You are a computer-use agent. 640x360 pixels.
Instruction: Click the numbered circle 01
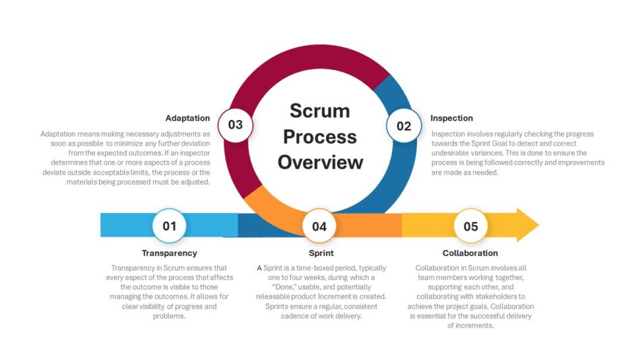169,226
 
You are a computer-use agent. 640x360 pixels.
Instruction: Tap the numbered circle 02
404,126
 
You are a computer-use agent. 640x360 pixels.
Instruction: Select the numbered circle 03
236,125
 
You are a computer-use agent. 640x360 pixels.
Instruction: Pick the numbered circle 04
319,226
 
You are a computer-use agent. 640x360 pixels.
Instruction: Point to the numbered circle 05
471,226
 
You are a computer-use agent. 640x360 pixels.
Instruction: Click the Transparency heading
169,253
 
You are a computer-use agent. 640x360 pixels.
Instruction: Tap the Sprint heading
321,253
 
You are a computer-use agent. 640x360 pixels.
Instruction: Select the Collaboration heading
470,253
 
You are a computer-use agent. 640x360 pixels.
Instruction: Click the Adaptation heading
188,118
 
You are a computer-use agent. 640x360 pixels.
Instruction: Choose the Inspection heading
451,118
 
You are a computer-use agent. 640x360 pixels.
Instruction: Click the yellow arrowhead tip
539,224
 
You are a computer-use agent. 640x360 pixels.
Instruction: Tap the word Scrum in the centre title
319,111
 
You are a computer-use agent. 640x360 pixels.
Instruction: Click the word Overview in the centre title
321,162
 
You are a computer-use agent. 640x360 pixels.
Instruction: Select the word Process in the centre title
320,137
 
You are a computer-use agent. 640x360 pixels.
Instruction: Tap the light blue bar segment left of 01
127,224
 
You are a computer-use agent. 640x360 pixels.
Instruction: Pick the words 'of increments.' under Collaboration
470,325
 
